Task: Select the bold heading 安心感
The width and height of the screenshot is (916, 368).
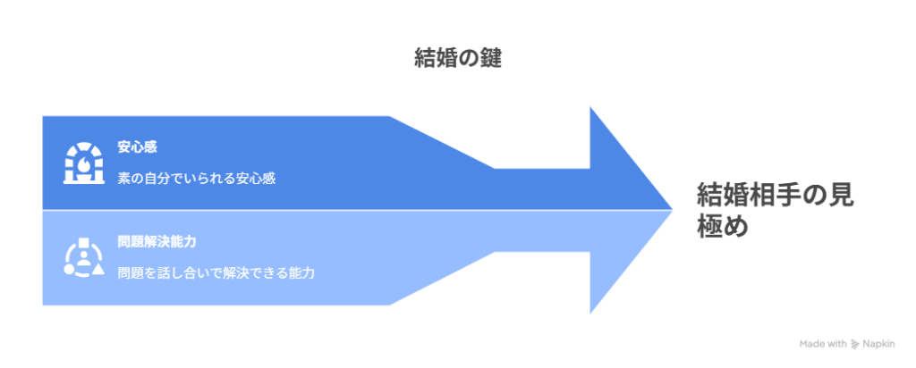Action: tap(137, 146)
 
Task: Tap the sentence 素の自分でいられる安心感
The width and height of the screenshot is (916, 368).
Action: tap(196, 178)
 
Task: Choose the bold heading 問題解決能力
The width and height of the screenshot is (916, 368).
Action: tap(157, 241)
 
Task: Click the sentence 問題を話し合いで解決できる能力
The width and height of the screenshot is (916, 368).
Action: tap(216, 272)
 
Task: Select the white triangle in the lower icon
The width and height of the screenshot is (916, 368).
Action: tap(97, 269)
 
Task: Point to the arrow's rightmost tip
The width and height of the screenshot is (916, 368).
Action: tap(673, 210)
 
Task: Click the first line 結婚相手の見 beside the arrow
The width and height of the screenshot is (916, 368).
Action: tap(776, 196)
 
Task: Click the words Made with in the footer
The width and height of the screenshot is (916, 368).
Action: tap(822, 343)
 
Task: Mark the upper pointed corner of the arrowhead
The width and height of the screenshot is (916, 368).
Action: tap(590, 105)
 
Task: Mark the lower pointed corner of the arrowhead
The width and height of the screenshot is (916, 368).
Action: tap(590, 314)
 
